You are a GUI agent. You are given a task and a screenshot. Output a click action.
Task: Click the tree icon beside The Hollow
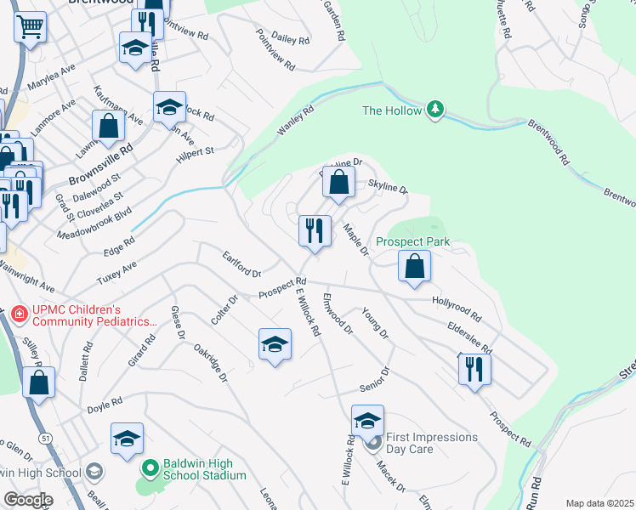pos(435,110)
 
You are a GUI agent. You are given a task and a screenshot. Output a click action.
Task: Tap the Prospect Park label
pos(418,241)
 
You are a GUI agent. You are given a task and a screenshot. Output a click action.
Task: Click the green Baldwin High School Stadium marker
pos(150,467)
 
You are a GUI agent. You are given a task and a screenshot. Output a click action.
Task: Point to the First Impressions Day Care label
pos(432,442)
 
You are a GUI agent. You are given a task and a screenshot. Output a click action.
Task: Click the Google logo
pos(27,499)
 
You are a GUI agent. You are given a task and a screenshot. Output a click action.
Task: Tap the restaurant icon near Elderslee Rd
pos(472,367)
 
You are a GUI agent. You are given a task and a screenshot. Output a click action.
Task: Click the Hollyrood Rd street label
pos(457,302)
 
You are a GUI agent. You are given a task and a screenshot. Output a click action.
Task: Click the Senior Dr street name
pos(374,378)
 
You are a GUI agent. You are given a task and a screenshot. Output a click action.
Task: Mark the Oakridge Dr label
pos(210,362)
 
